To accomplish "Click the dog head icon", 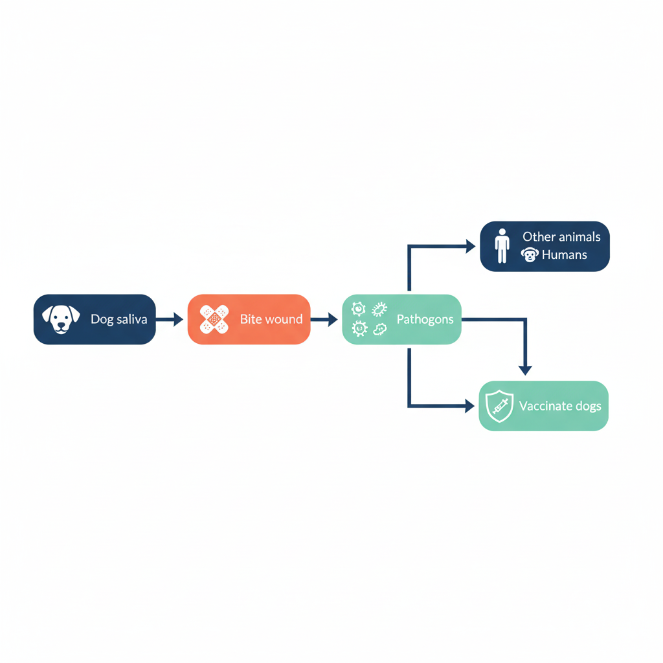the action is pyautogui.click(x=61, y=319).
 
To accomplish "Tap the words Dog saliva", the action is pyautogui.click(x=119, y=319).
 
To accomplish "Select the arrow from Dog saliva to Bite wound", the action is pyautogui.click(x=170, y=319).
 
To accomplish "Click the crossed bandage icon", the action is pyautogui.click(x=214, y=319).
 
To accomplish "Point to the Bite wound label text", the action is pyautogui.click(x=271, y=319).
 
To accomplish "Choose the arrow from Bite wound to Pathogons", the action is pyautogui.click(x=324, y=319).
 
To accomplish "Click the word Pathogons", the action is pyautogui.click(x=425, y=319).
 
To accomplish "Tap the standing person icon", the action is pyautogui.click(x=502, y=246).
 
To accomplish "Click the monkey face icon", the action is pyautogui.click(x=530, y=255).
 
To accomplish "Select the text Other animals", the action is pyautogui.click(x=561, y=237).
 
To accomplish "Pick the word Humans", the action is pyautogui.click(x=565, y=255).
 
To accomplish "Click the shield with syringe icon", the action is pyautogui.click(x=499, y=406).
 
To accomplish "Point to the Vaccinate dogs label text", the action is pyautogui.click(x=560, y=407).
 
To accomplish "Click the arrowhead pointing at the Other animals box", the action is pyautogui.click(x=471, y=246).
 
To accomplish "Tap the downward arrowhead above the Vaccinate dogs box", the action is pyautogui.click(x=525, y=370).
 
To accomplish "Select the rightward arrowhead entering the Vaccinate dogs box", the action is pyautogui.click(x=470, y=406).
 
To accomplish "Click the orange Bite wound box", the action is pyautogui.click(x=249, y=319).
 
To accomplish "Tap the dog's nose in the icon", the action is pyautogui.click(x=62, y=325).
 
